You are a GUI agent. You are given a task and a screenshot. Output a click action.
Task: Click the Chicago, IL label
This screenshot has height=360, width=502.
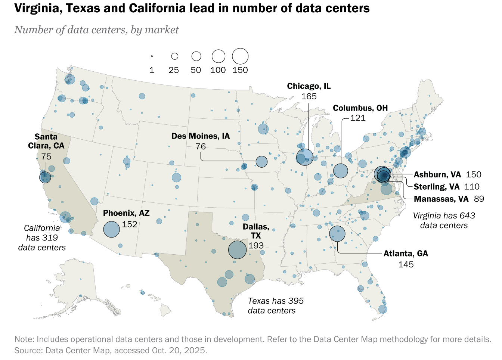coord(309,86)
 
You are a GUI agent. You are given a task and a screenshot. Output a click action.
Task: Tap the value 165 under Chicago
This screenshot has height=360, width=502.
coord(309,96)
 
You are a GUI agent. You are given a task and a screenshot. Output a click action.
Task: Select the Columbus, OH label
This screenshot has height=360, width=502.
coord(360,108)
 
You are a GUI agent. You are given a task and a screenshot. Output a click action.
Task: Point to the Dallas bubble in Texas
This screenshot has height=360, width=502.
coord(237,250)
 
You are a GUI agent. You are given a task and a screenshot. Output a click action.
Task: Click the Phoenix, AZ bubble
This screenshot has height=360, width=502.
coord(111,229)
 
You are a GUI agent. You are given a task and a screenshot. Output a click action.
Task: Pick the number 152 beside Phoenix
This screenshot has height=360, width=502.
coord(130,224)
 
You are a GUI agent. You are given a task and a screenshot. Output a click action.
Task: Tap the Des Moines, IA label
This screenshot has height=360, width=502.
coord(201,136)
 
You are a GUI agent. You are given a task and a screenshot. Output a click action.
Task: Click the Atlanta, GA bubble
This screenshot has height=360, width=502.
coord(337,234)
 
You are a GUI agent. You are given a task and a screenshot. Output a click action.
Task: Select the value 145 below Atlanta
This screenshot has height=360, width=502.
coord(406,265)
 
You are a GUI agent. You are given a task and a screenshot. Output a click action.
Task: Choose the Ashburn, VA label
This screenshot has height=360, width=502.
coord(437,175)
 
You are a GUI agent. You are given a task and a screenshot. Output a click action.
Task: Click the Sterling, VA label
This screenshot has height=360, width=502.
coord(436,187)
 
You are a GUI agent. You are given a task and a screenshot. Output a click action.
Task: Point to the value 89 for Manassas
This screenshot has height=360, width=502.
coord(479,199)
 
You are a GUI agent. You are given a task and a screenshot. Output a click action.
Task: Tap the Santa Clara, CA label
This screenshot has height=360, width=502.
coord(46,141)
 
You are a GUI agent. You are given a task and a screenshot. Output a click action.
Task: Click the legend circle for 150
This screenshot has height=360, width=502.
coord(240,56)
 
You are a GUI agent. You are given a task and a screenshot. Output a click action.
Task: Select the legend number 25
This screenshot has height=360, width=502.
coord(174,70)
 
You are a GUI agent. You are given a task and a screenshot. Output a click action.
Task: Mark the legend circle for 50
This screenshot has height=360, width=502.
coord(196,56)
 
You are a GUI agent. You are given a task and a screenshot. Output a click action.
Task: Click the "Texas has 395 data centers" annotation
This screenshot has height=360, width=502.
coord(276,306)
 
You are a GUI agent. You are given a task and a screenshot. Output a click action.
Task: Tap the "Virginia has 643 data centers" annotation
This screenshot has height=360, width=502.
coord(444,220)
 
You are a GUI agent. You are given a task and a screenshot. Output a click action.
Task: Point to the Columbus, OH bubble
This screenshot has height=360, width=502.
coord(340,171)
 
